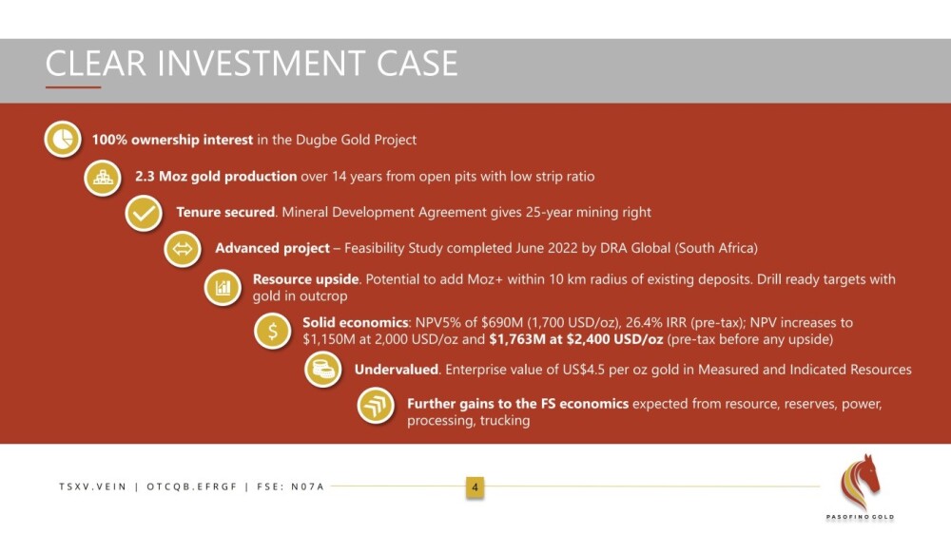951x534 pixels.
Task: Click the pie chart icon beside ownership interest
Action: pyautogui.click(x=63, y=139)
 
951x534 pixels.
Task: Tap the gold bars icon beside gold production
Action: pyautogui.click(x=103, y=178)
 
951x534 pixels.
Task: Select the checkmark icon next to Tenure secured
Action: pyautogui.click(x=144, y=214)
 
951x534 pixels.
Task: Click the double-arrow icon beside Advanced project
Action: pyautogui.click(x=183, y=249)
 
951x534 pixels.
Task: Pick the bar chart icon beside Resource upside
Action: pyautogui.click(x=223, y=287)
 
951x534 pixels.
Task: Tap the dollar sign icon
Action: pyautogui.click(x=273, y=331)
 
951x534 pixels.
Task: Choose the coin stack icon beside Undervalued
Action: pyautogui.click(x=322, y=369)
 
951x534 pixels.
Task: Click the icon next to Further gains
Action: pyautogui.click(x=376, y=405)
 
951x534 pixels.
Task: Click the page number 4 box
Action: pyautogui.click(x=475, y=486)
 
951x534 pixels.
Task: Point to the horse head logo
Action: pyautogui.click(x=860, y=482)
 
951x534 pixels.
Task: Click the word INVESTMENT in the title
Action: pyautogui.click(x=262, y=63)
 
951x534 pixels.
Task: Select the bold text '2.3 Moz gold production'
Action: pyautogui.click(x=216, y=177)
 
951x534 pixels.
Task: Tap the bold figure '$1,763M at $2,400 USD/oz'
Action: pyautogui.click(x=576, y=339)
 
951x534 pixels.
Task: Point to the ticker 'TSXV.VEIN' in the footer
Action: pyautogui.click(x=93, y=486)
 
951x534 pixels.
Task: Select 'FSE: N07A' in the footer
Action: pyautogui.click(x=291, y=486)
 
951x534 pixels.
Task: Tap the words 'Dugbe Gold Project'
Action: pyautogui.click(x=356, y=140)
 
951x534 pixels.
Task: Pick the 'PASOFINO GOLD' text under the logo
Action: pyautogui.click(x=860, y=517)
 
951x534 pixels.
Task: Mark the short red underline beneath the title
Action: pyautogui.click(x=73, y=87)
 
